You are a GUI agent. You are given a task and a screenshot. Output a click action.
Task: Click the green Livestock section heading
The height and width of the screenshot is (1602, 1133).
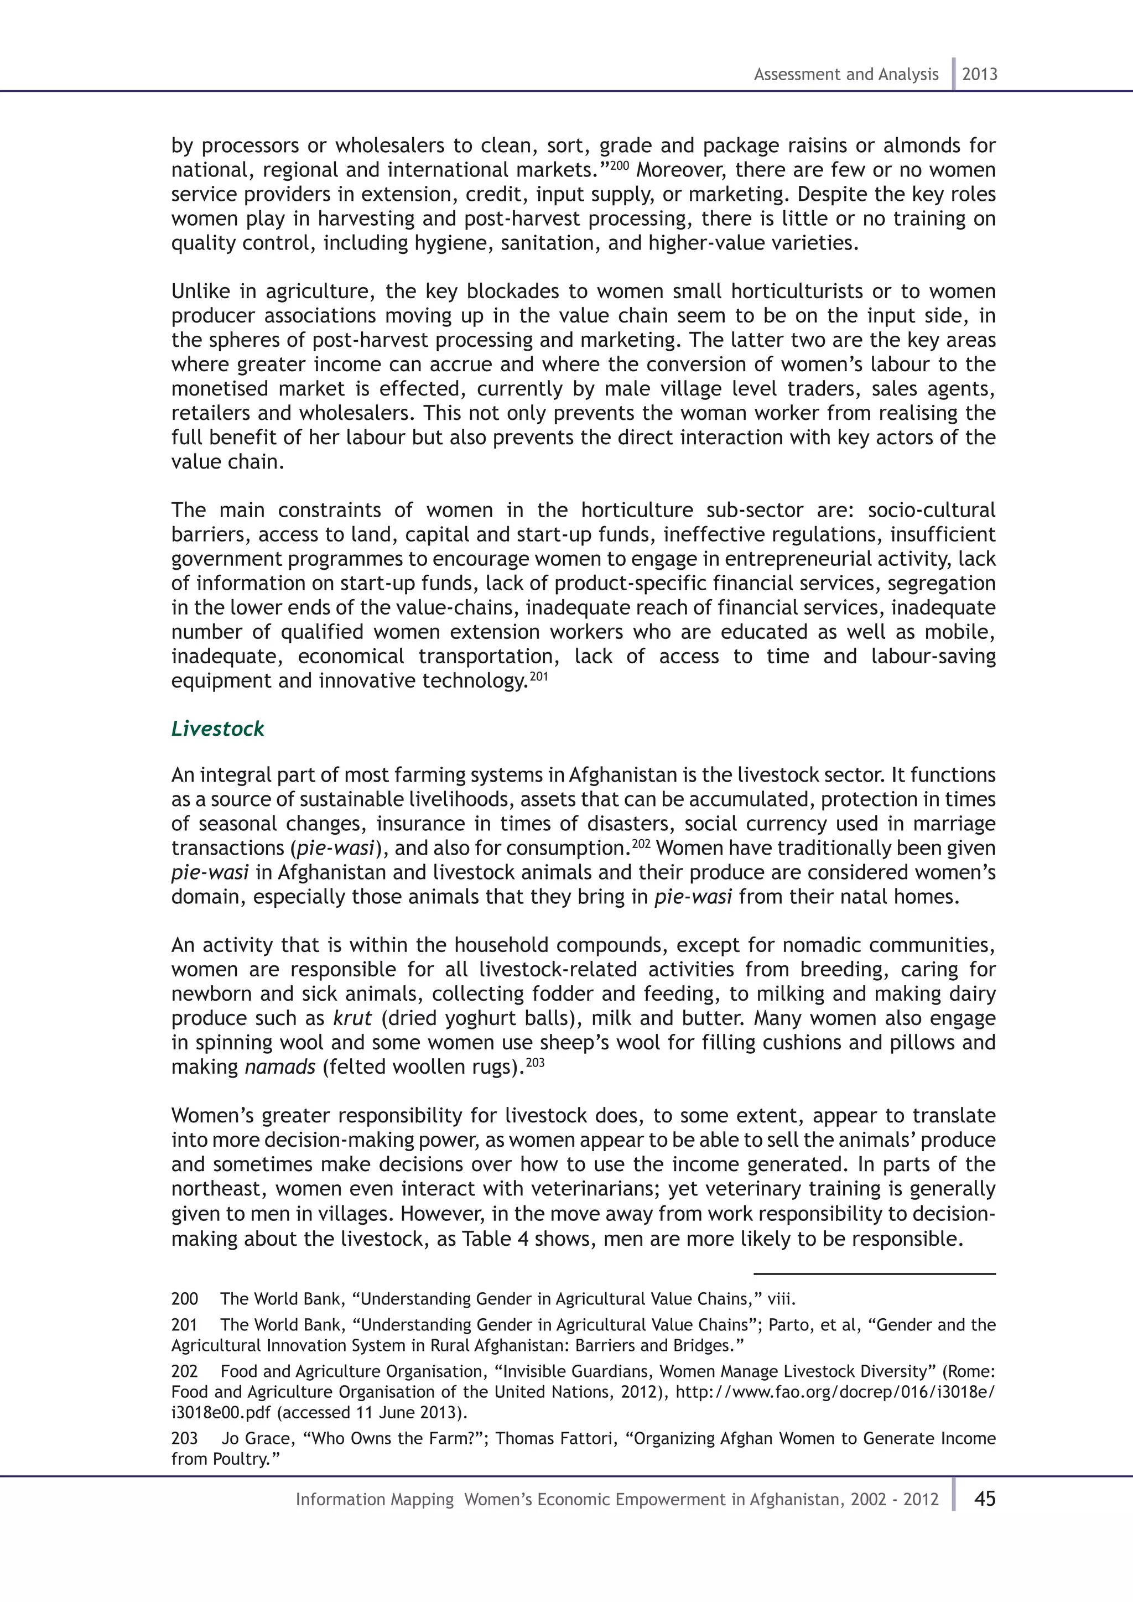click(x=217, y=729)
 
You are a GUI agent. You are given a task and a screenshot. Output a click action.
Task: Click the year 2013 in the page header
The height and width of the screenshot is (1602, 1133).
click(x=980, y=75)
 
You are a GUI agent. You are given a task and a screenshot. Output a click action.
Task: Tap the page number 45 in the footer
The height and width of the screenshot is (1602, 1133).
click(x=984, y=1499)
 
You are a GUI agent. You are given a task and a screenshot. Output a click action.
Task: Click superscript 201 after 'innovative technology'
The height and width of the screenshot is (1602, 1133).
click(x=539, y=675)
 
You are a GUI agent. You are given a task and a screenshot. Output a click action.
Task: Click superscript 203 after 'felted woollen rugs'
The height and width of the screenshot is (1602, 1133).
click(x=534, y=1062)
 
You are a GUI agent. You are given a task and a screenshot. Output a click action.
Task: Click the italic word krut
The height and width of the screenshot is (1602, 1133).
click(x=352, y=1018)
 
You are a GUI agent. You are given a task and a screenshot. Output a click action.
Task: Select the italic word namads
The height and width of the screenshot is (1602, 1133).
click(x=280, y=1067)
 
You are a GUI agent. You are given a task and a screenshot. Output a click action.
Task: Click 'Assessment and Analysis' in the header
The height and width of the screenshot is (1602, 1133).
click(x=845, y=75)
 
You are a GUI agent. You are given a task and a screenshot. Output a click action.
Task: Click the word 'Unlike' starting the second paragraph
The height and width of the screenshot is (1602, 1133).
click(x=200, y=291)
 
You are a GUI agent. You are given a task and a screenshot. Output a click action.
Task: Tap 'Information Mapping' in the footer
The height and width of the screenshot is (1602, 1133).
click(x=375, y=1500)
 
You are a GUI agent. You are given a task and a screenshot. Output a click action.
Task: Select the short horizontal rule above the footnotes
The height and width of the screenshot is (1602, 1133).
click(x=874, y=1273)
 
